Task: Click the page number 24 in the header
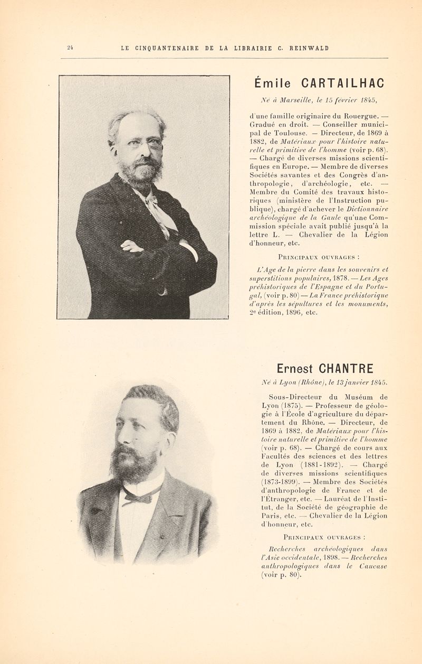tap(69, 48)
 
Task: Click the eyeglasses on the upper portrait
tap(143, 143)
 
